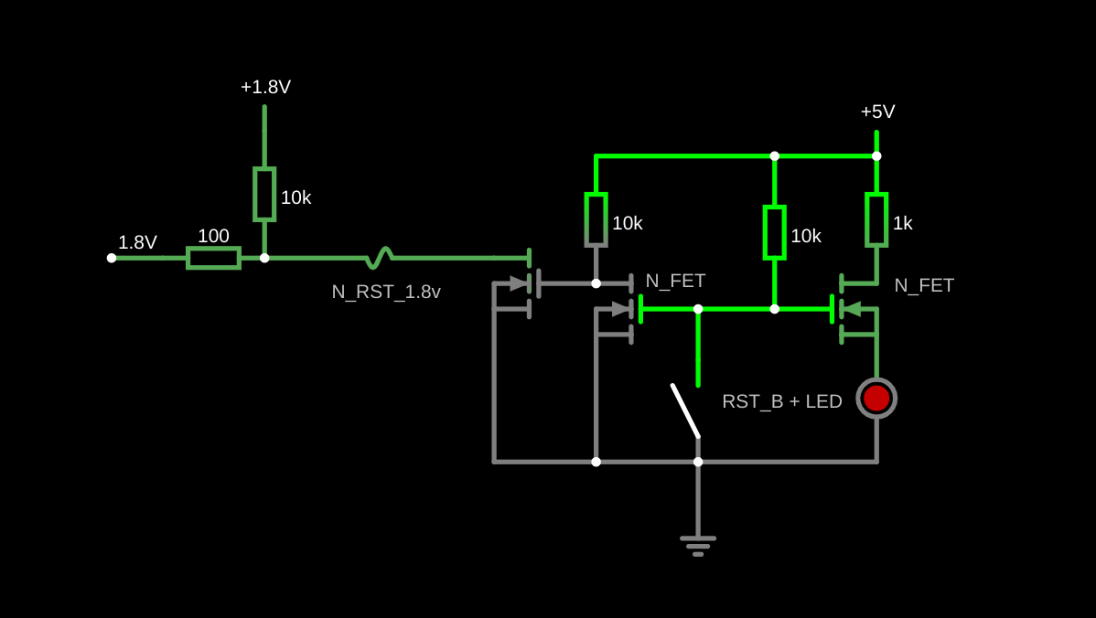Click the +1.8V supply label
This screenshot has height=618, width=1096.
coord(265,87)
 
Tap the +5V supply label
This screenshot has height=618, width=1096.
coord(877,112)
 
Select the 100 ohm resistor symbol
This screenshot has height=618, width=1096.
coord(213,258)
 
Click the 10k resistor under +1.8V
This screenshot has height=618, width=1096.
coord(264,194)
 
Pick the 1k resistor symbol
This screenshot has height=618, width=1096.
coord(876,219)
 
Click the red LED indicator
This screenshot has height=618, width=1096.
coord(876,398)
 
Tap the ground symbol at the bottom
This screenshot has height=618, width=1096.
coord(698,545)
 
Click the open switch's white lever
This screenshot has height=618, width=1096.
coord(685,410)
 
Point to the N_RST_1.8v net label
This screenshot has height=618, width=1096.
coord(386,292)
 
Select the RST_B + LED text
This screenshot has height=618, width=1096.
coord(781,401)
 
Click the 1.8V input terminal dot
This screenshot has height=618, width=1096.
coord(112,258)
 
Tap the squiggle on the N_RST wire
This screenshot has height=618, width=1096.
coord(379,258)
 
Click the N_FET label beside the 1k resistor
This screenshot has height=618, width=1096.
coord(924,285)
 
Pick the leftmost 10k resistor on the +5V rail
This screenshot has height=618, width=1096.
coord(596,219)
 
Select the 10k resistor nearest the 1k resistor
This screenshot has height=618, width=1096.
coord(774,232)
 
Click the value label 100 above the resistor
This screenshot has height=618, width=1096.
coord(213,236)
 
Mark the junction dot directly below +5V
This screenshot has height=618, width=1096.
coord(876,156)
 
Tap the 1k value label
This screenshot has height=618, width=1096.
coord(902,223)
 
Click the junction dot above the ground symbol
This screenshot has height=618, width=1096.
coord(698,462)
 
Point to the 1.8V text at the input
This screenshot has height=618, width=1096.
coord(137,242)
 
